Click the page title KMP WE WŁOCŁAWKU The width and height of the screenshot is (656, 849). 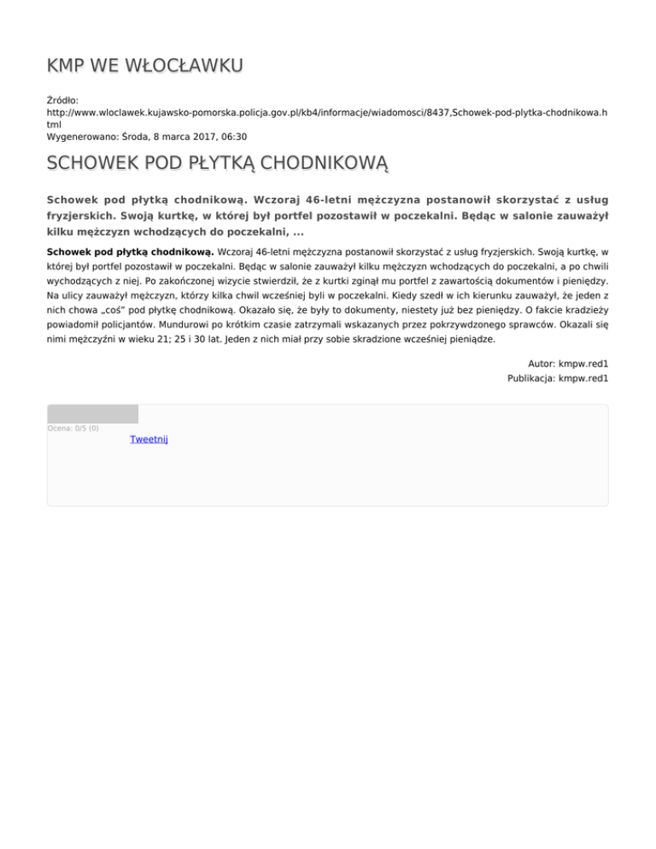click(x=145, y=66)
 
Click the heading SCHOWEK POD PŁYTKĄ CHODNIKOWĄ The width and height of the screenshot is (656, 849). click(x=218, y=162)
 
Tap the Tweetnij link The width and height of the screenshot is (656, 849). click(x=149, y=439)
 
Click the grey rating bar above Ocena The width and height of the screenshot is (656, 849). click(x=92, y=414)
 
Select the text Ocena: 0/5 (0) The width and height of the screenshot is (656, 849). click(x=73, y=429)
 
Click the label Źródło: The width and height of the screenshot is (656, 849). click(x=62, y=100)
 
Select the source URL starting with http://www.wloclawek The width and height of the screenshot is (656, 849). click(x=325, y=112)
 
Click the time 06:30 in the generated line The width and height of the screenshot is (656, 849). click(x=235, y=136)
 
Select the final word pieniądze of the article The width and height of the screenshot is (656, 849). click(x=469, y=338)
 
